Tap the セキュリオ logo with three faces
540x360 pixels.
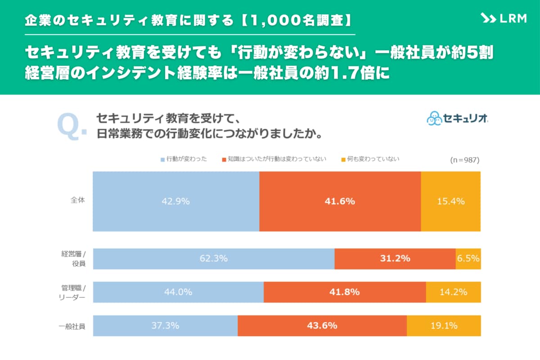(457, 119)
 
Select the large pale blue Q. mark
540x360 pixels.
(72, 127)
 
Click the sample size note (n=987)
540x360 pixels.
(464, 160)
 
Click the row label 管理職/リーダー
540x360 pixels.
(72, 292)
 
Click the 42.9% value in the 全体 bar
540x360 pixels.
(175, 202)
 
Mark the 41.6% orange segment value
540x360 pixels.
(340, 202)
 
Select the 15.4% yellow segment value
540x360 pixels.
(450, 202)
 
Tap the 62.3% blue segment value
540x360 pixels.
(213, 259)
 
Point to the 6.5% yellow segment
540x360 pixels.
(468, 259)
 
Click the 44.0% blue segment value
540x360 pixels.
(178, 292)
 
